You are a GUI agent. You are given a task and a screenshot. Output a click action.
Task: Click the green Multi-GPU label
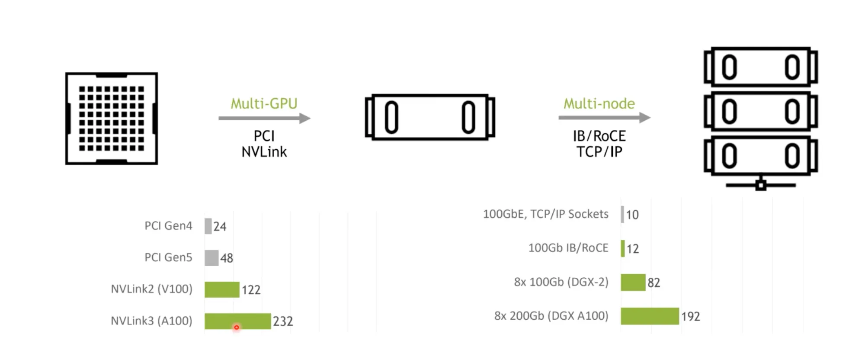click(x=264, y=104)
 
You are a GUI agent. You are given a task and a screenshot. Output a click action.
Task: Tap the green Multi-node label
click(x=599, y=104)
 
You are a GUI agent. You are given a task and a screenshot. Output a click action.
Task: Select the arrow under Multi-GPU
click(x=264, y=118)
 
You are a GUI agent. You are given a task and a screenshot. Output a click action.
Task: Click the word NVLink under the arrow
click(x=264, y=152)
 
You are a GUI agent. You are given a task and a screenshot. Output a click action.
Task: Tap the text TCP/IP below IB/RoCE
click(x=599, y=152)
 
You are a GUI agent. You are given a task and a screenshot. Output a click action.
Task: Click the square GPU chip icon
click(x=112, y=119)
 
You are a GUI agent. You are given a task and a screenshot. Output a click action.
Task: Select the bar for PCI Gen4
click(x=208, y=226)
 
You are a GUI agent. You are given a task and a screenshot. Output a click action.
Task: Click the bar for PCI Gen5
click(x=211, y=258)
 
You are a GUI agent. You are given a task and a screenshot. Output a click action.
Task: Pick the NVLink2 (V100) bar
click(x=222, y=289)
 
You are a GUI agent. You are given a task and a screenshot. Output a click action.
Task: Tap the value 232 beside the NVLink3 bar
click(x=283, y=321)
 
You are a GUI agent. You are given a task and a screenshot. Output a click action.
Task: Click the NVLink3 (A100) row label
click(x=151, y=321)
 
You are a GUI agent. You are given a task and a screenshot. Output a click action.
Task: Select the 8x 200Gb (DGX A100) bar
click(x=650, y=316)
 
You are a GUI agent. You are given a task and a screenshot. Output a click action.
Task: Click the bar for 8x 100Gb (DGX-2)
click(x=633, y=283)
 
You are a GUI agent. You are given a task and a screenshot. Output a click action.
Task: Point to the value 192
click(x=690, y=317)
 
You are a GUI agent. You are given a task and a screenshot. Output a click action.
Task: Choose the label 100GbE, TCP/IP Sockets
click(x=545, y=214)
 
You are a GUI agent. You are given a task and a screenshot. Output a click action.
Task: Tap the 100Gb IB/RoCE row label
click(x=568, y=248)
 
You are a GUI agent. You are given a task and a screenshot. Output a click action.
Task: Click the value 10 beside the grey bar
click(x=632, y=215)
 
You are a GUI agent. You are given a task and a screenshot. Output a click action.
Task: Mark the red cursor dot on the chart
click(x=237, y=328)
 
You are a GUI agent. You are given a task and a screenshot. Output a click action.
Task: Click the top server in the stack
click(x=761, y=67)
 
